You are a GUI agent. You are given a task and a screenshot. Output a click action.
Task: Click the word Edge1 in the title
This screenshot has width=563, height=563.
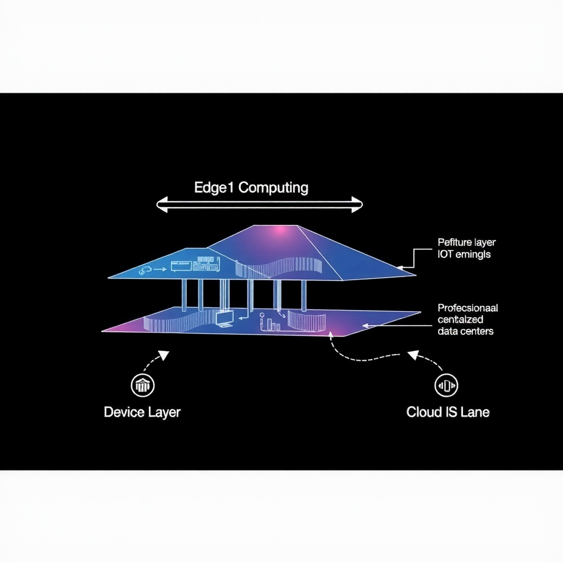point(214,187)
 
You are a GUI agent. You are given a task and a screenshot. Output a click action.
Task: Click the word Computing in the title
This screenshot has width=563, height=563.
point(273,188)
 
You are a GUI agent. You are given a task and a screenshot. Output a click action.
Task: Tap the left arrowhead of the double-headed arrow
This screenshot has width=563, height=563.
point(161,206)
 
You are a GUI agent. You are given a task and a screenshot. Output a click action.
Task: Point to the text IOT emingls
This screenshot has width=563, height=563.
point(464,255)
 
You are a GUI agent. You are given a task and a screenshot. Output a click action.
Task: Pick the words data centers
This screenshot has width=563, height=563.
point(466,331)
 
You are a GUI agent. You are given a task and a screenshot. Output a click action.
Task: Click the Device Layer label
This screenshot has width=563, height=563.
point(142,412)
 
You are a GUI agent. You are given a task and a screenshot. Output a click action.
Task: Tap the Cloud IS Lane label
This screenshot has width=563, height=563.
point(448,412)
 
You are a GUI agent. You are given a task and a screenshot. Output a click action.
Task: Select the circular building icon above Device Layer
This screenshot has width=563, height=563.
point(142,385)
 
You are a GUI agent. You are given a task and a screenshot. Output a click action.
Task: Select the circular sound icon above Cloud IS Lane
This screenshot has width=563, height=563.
point(446,385)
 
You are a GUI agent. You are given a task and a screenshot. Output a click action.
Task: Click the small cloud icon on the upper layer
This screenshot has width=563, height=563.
point(146,270)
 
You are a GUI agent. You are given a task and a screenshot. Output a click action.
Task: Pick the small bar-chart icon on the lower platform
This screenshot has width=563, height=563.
point(273,326)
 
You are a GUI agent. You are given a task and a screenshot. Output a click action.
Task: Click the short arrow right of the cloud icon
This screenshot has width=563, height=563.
point(160,270)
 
